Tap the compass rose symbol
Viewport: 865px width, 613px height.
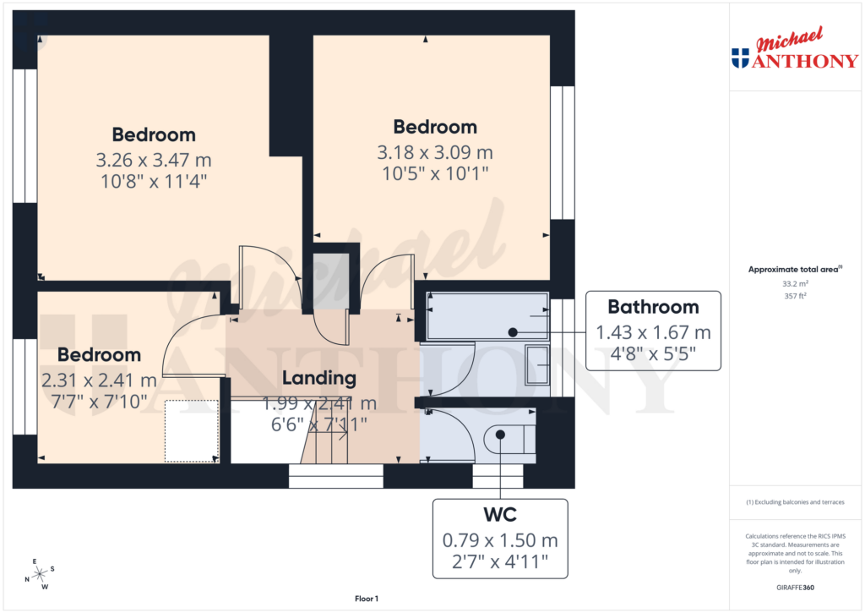(x=39, y=574)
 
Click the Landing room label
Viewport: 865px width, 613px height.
(x=318, y=378)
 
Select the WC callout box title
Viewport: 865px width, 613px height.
(x=501, y=515)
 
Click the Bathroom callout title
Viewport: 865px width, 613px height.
(x=653, y=307)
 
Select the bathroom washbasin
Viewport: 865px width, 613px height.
(x=536, y=365)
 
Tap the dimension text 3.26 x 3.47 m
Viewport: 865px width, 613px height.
(x=154, y=159)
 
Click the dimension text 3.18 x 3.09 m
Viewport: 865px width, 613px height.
(x=435, y=152)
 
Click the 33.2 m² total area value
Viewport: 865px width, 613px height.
(x=794, y=285)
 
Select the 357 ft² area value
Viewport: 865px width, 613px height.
(x=794, y=296)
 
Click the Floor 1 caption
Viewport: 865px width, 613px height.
(x=366, y=599)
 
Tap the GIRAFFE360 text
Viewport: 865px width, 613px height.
(x=794, y=588)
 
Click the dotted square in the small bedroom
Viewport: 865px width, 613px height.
(x=192, y=431)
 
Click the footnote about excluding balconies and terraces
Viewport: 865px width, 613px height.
(x=794, y=502)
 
